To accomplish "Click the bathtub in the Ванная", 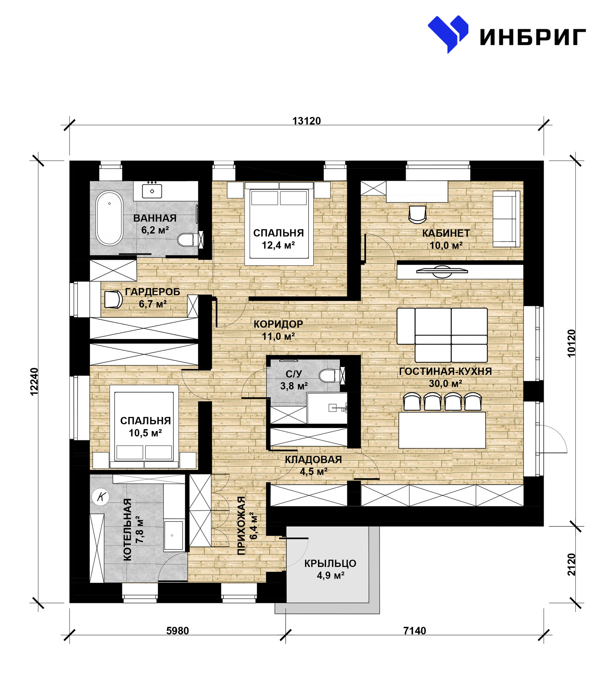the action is coord(109,219).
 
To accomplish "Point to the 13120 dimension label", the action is coord(306,121).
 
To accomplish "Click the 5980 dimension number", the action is coord(178,631).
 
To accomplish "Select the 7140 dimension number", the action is coord(415,631).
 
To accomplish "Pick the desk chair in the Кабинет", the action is coord(417,214).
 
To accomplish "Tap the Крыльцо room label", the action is coord(330,563).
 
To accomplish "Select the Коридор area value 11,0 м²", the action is coord(278,336).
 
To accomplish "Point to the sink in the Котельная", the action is coord(173,535).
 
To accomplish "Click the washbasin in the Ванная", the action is coord(152,191).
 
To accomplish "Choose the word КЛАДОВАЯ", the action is coord(313,459).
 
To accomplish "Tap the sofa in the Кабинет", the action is coord(506,219).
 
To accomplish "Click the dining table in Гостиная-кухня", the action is coord(442,430).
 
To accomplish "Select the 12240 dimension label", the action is coord(35,382).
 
